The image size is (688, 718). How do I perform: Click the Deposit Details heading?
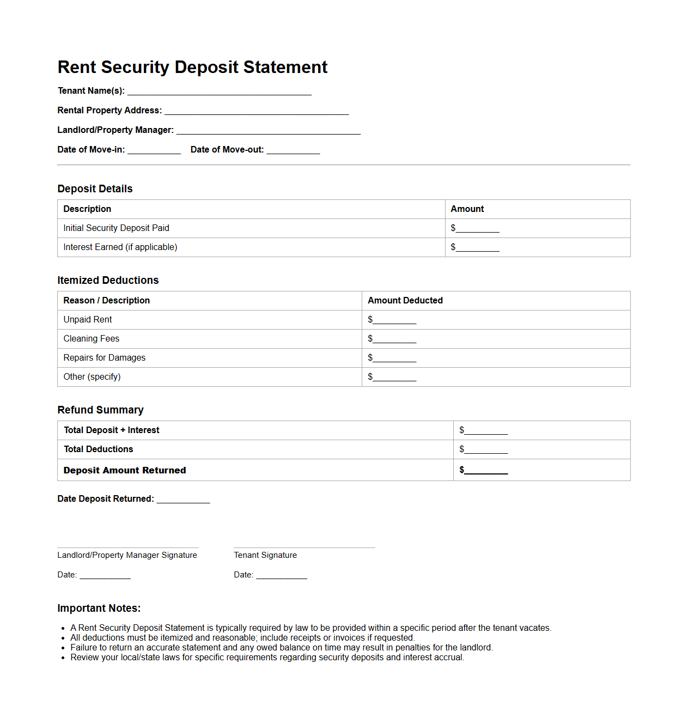95,188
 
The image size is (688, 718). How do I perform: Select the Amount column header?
467,209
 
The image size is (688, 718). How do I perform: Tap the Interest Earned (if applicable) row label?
120,247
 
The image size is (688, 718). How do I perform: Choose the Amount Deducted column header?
405,301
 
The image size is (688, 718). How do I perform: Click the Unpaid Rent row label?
87,320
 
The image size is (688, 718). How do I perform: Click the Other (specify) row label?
92,377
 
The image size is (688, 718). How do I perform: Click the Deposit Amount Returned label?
124,470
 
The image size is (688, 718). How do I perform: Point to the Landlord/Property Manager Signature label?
127,555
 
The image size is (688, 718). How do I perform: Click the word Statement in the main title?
285,67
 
